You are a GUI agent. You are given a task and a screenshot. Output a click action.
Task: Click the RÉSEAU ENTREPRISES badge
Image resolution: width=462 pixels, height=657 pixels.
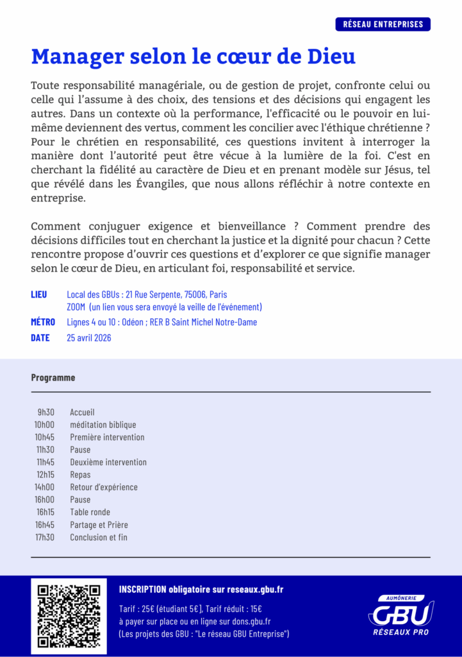pyautogui.click(x=383, y=24)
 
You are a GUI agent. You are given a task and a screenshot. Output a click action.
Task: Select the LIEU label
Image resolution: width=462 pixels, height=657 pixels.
pyautogui.click(x=39, y=294)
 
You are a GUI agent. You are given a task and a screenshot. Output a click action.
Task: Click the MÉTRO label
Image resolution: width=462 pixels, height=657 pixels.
pyautogui.click(x=43, y=322)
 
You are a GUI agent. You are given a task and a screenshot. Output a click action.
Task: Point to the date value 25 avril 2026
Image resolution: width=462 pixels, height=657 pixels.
pyautogui.click(x=89, y=337)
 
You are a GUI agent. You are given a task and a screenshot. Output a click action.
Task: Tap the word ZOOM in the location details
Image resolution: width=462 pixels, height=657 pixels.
pyautogui.click(x=76, y=307)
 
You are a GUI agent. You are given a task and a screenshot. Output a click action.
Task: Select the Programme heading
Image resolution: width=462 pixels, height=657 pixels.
pyautogui.click(x=53, y=377)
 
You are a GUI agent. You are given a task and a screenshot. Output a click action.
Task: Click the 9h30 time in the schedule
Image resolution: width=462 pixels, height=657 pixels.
pyautogui.click(x=45, y=412)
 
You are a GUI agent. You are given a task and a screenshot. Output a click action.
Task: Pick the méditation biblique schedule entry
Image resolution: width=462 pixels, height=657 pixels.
pyautogui.click(x=103, y=425)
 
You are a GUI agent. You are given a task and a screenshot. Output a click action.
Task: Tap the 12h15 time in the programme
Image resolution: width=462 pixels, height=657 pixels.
pyautogui.click(x=45, y=475)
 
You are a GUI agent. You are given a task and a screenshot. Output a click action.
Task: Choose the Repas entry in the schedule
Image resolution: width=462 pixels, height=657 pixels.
pyautogui.click(x=80, y=475)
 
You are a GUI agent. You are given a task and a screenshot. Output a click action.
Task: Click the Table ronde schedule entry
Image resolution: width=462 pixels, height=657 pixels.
pyautogui.click(x=90, y=512)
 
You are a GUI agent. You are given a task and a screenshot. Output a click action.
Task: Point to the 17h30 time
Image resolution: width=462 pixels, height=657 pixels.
pyautogui.click(x=45, y=537)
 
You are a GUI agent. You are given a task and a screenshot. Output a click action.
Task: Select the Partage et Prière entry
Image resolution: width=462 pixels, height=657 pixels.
pyautogui.click(x=99, y=525)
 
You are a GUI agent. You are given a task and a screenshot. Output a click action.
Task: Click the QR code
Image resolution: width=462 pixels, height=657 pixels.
pyautogui.click(x=69, y=615)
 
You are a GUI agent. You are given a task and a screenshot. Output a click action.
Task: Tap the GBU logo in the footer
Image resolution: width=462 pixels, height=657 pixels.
pyautogui.click(x=401, y=615)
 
